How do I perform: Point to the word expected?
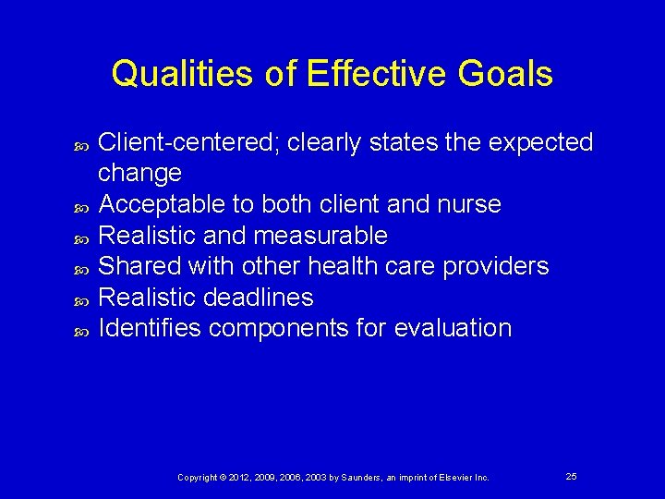pos(540,142)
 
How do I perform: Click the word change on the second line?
pos(139,174)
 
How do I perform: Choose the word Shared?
pos(139,266)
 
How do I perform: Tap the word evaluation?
pos(452,328)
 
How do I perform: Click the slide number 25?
pos(571,476)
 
